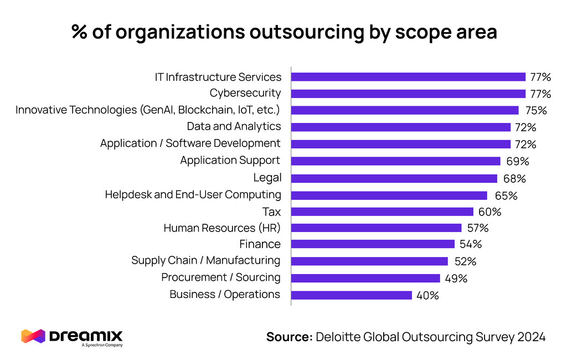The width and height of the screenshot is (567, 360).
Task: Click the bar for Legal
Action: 394,178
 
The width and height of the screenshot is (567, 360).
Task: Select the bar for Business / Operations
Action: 351,295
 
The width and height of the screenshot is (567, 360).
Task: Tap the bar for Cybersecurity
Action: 408,93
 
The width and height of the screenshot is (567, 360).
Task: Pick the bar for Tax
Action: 382,212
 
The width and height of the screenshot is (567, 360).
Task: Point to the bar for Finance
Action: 373,244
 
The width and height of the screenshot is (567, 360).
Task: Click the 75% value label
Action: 535,110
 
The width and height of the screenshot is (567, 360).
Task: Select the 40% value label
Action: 427,296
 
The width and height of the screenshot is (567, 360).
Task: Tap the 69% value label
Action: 517,161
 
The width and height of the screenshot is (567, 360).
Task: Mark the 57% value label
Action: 477,228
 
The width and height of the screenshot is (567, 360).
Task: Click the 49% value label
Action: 456,279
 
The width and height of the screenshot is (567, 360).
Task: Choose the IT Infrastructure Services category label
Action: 218,77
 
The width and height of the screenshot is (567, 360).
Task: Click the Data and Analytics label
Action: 234,126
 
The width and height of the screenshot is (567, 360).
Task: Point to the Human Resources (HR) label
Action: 222,228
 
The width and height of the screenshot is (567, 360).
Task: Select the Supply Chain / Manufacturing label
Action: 205,260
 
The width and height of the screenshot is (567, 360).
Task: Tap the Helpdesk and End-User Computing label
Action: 193,194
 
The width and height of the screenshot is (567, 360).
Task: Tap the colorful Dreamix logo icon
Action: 32,336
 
